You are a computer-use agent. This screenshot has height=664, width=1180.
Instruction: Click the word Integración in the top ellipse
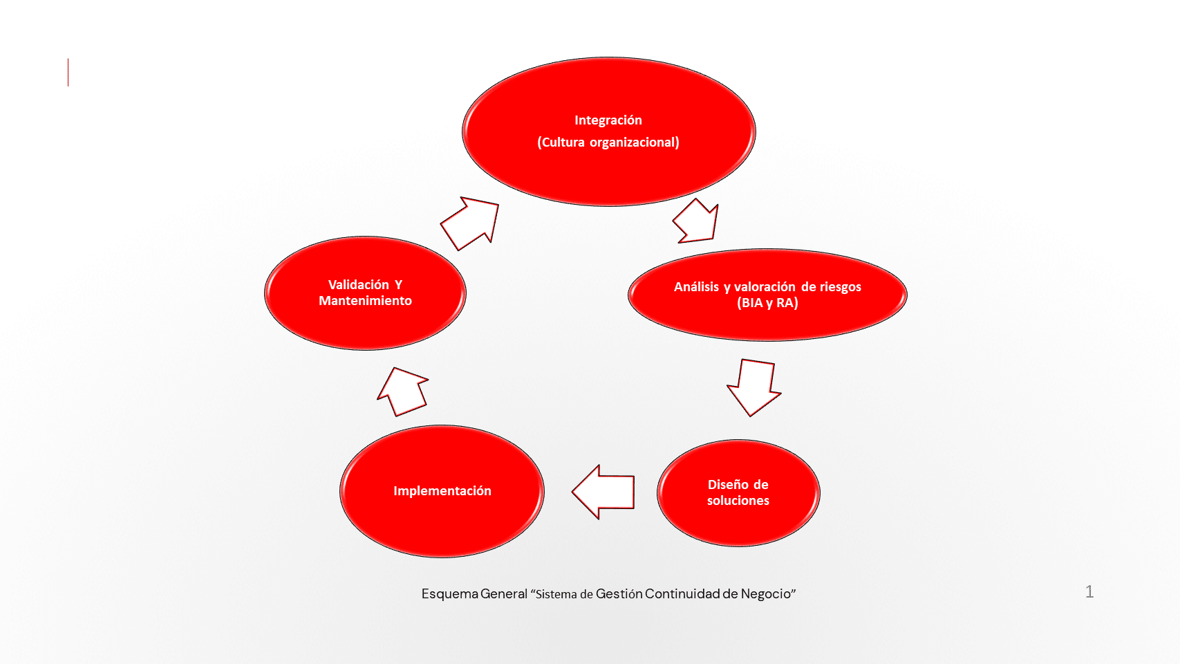[x=608, y=120]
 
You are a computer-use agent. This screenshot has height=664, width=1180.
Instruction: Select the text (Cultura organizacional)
[x=608, y=142]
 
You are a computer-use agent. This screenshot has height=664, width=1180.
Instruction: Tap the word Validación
[x=358, y=285]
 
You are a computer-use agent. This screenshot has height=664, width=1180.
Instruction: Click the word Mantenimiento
[x=365, y=301]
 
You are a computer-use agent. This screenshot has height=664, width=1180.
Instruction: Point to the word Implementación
[x=442, y=491]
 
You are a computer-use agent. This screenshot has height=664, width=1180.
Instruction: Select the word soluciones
[x=738, y=501]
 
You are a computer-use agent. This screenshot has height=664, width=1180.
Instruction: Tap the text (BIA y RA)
[x=767, y=303]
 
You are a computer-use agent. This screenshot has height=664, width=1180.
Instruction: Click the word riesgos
[x=841, y=287]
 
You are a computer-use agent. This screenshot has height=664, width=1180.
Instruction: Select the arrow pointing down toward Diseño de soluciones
[x=753, y=387]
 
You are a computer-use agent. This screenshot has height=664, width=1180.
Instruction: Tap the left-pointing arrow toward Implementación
[x=603, y=492]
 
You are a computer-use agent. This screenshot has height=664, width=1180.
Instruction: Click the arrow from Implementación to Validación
[x=403, y=391]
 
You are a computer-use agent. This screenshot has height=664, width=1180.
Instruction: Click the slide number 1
[x=1089, y=591]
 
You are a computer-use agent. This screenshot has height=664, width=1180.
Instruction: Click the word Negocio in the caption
[x=766, y=594]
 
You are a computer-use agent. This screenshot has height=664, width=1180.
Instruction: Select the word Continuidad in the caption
[x=682, y=594]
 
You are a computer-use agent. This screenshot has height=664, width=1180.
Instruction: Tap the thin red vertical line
[x=68, y=73]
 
